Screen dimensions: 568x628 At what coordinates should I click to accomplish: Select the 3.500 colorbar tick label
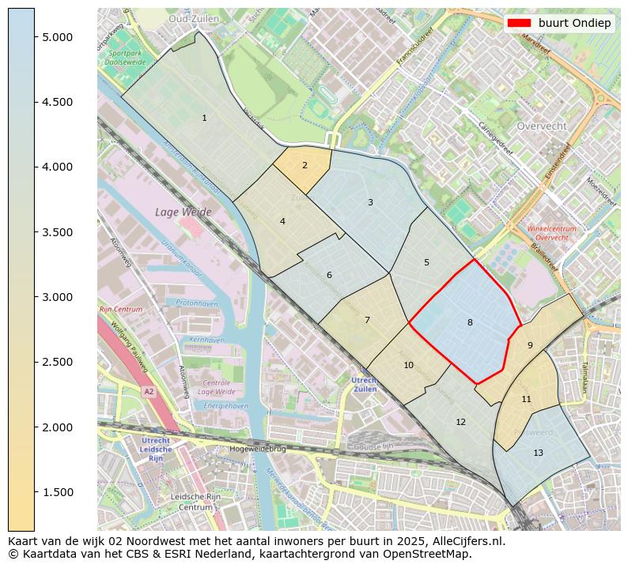click(x=57, y=232)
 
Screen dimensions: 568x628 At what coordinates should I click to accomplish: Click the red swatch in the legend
click(x=520, y=23)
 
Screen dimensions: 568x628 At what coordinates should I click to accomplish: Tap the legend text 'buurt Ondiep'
click(x=574, y=23)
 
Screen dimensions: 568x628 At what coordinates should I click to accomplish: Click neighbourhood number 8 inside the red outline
click(x=470, y=322)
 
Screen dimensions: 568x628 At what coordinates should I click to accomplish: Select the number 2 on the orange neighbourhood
click(x=305, y=166)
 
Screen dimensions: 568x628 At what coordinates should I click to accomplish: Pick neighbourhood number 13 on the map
click(x=538, y=453)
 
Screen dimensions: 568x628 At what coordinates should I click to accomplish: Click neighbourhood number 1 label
click(x=204, y=118)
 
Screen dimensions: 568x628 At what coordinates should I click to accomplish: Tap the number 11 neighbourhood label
click(x=526, y=400)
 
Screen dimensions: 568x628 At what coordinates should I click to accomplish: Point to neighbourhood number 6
click(x=329, y=275)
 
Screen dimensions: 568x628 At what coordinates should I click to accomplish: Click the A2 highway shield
click(x=148, y=391)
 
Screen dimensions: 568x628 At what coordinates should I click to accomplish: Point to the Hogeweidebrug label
click(x=257, y=448)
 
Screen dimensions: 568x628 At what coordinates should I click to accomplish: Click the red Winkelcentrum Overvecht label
click(x=551, y=233)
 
